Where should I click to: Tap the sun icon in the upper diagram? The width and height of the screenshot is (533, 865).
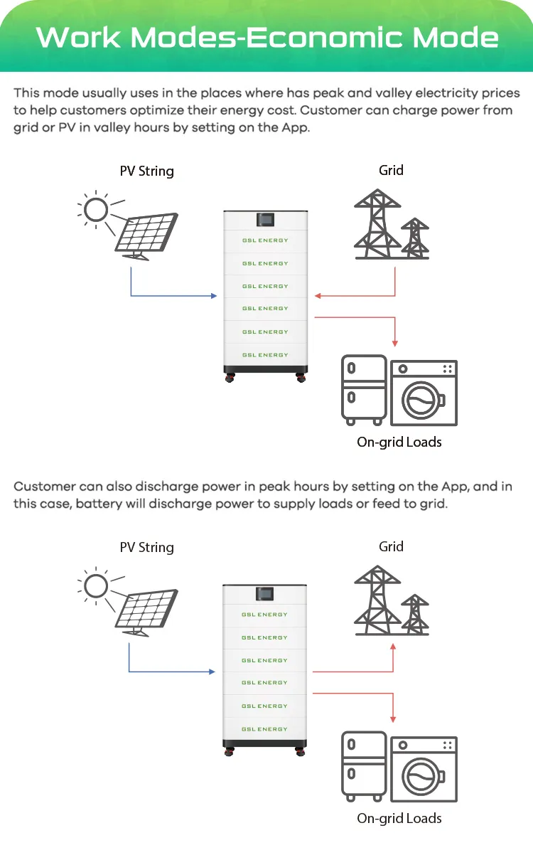click(96, 209)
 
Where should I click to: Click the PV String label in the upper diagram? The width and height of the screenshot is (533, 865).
click(146, 171)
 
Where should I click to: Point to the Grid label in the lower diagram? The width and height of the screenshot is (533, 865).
click(391, 546)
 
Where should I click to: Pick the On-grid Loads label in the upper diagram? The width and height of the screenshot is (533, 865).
click(399, 442)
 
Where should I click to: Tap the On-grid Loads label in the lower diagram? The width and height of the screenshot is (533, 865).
click(399, 818)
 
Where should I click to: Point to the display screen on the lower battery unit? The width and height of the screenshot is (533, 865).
click(265, 593)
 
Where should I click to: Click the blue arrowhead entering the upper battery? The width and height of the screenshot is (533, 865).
click(214, 295)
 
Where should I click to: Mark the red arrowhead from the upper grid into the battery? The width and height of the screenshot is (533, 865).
click(318, 295)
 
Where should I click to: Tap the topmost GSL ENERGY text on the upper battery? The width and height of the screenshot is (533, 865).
click(265, 240)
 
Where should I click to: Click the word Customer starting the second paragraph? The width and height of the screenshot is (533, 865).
click(44, 487)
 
